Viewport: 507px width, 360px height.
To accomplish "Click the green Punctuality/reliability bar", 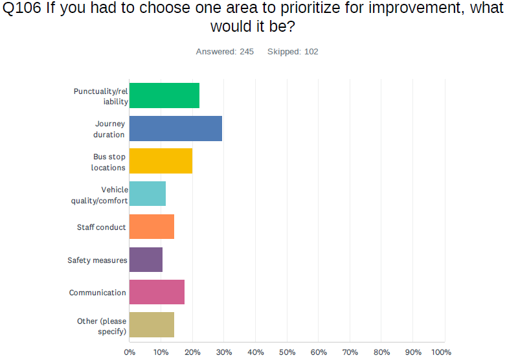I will (164, 96).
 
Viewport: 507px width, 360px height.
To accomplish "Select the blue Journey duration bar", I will (175, 129).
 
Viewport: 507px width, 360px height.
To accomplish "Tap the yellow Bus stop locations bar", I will (161, 161).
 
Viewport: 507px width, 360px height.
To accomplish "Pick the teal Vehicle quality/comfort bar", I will (148, 194).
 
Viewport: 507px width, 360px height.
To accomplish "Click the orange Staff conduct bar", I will (152, 227).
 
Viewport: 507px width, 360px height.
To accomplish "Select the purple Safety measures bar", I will (146, 260).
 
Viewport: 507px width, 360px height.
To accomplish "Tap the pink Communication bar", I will (157, 292).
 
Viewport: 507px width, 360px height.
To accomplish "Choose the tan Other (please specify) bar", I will (152, 325).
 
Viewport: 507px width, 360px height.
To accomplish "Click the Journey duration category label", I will (109, 129).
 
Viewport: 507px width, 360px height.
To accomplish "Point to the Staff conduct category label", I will (102, 227).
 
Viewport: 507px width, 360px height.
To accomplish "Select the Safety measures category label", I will (97, 260).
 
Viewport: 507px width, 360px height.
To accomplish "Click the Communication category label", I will (98, 293).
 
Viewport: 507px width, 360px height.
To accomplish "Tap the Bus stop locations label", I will (108, 162).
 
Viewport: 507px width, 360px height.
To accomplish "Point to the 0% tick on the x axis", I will (130, 352).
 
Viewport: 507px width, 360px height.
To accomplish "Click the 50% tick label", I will (287, 352).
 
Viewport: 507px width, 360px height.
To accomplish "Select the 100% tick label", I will (441, 352).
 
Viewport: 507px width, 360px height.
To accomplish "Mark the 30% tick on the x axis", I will (224, 352).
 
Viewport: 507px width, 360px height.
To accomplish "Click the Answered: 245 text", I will (225, 52).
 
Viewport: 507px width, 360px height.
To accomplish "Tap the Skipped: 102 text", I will (293, 52).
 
